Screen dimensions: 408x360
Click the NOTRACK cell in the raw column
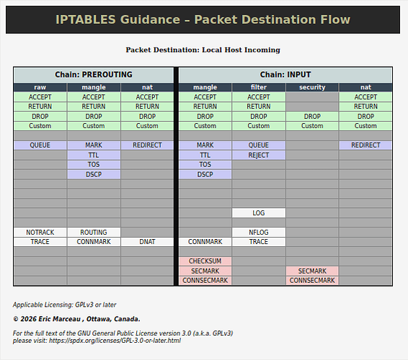40,232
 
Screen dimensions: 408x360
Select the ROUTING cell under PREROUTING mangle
94,232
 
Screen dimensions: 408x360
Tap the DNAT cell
147,242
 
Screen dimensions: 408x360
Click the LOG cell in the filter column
259,213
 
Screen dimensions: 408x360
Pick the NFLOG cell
259,232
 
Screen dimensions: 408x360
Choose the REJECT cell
259,156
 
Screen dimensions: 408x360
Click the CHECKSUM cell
205,261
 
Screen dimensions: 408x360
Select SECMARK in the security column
312,271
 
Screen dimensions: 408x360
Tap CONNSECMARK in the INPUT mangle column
205,281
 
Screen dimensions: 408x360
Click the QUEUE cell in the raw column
40,145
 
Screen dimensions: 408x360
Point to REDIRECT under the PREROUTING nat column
147,145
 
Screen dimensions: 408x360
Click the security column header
312,87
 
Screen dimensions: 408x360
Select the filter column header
259,87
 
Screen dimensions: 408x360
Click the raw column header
40,87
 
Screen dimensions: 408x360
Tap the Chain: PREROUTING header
94,75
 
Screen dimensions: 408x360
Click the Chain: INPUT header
285,75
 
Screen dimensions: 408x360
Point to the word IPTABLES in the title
86,19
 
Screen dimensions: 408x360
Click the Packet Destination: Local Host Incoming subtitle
203,50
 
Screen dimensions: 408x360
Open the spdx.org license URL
115,341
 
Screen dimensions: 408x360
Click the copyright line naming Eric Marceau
76,319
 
